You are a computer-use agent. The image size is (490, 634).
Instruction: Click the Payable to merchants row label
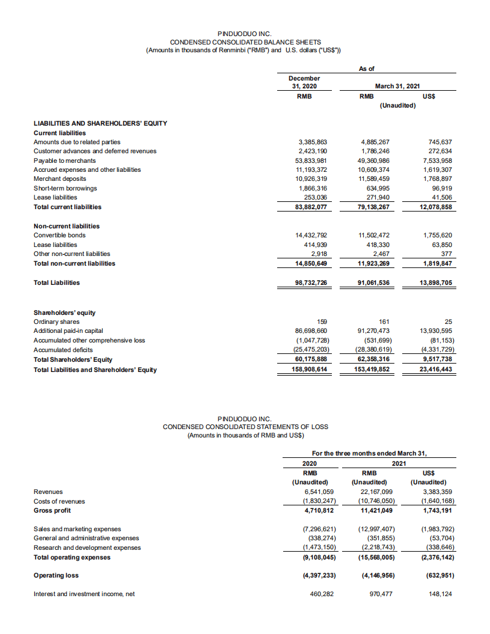(x=64, y=160)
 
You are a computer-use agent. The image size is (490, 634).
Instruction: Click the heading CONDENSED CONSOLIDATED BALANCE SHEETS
(x=245, y=41)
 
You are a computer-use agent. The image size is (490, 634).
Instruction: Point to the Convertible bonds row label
(x=60, y=235)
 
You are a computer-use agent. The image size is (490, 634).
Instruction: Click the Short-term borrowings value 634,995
(x=379, y=188)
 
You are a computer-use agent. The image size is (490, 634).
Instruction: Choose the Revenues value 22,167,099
(x=375, y=492)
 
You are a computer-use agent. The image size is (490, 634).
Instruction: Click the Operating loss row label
(x=56, y=575)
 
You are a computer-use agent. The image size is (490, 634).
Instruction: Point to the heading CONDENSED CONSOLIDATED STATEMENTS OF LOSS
(x=245, y=426)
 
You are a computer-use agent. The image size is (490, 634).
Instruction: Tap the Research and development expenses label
(x=87, y=547)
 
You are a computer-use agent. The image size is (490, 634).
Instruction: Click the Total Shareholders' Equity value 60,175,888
(x=312, y=359)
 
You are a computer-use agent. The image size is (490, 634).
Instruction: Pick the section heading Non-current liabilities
(x=67, y=226)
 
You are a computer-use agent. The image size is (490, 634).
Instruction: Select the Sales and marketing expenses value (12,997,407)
(x=375, y=529)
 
